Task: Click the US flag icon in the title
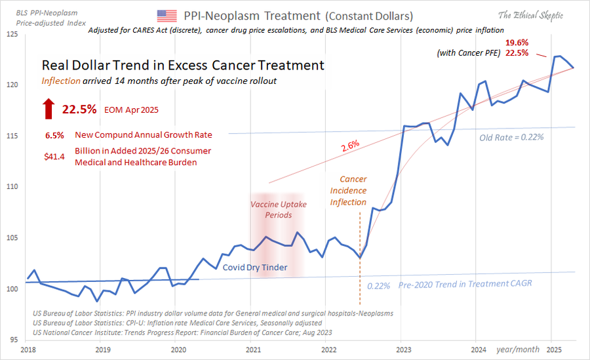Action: pyautogui.click(x=167, y=16)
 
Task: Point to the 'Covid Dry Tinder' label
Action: pyautogui.click(x=255, y=267)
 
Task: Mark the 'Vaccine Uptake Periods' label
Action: pyautogui.click(x=278, y=209)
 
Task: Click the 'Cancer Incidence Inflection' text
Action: pyautogui.click(x=348, y=190)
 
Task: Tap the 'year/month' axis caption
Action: pyautogui.click(x=517, y=350)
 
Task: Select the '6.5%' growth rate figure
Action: pyautogui.click(x=54, y=135)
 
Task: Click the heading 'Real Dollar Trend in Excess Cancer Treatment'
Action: pyautogui.click(x=182, y=66)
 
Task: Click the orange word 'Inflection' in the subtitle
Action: pyautogui.click(x=62, y=81)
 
